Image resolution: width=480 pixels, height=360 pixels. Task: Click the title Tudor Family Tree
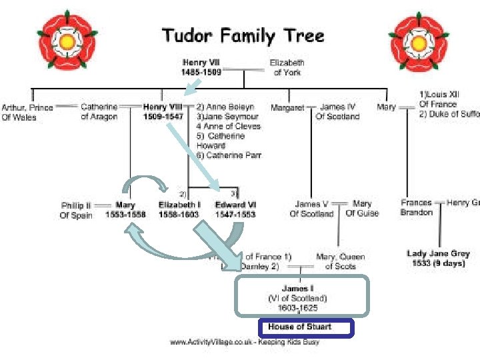point(243,36)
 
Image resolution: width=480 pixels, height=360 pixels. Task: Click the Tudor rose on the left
point(67,41)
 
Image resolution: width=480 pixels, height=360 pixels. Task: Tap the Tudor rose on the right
point(418,41)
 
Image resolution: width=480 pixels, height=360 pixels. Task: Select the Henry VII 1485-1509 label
point(201,67)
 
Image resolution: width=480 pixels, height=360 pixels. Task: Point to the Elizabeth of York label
point(287,67)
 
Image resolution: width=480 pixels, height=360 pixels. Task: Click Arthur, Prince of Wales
point(27,112)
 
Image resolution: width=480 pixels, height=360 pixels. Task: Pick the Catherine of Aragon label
point(99,112)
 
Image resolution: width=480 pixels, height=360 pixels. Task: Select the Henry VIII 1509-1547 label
point(163,111)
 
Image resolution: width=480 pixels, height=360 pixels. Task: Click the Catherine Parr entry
point(229,155)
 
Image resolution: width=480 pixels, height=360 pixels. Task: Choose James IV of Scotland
point(338,111)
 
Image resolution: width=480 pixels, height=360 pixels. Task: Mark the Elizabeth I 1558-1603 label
point(179,210)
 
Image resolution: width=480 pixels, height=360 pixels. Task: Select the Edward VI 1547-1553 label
point(235,210)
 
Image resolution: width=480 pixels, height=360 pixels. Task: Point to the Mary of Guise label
point(362,209)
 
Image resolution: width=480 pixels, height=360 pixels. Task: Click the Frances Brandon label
point(417,207)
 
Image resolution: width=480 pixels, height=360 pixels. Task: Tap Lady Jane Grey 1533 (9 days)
point(438,258)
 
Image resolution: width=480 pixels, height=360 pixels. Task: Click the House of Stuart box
point(305,327)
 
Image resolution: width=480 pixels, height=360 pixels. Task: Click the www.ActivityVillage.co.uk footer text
point(244,342)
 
